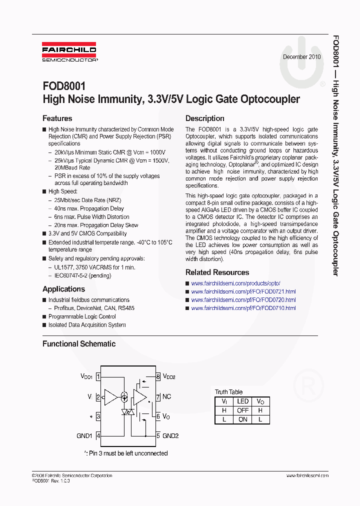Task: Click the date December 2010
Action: click(302, 57)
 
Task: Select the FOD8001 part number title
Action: click(64, 86)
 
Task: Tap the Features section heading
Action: click(57, 118)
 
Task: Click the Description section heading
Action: click(205, 118)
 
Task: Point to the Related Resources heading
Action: click(217, 272)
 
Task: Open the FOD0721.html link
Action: click(243, 291)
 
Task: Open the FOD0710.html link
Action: click(243, 308)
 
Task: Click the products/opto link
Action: click(235, 283)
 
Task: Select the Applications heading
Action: click(63, 289)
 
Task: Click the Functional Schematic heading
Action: click(79, 343)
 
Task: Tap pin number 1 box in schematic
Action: click(98, 376)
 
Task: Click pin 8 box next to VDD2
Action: click(158, 376)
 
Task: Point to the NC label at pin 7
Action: click(167, 396)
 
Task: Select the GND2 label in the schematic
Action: click(170, 435)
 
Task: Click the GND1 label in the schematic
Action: click(84, 435)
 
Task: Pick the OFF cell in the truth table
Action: click(243, 410)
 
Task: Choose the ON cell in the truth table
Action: click(243, 419)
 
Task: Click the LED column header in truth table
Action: click(243, 401)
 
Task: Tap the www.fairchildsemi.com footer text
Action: click(307, 475)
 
